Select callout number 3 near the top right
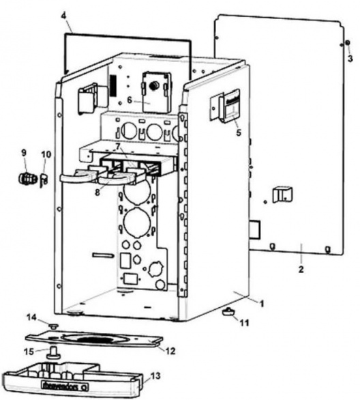pos(350,59)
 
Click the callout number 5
pos(238,134)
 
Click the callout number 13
pos(155,375)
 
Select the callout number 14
pos(31,317)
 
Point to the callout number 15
pos(28,352)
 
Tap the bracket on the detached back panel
pos(281,195)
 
